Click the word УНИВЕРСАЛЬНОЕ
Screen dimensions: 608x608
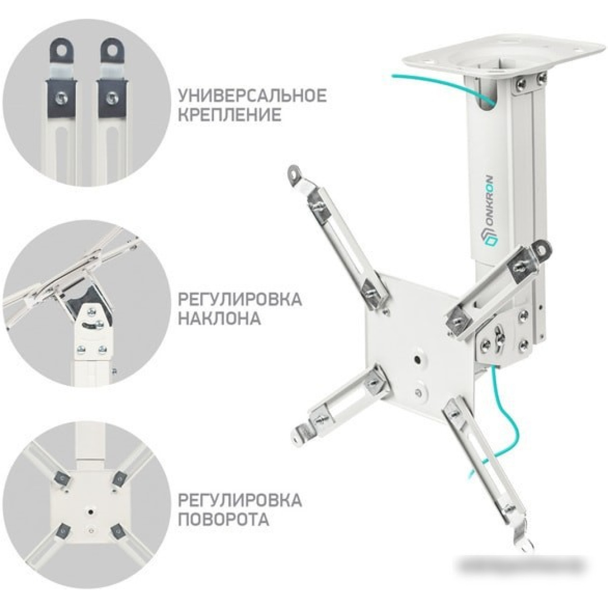click(253, 96)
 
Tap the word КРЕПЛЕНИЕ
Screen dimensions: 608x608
click(230, 116)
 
